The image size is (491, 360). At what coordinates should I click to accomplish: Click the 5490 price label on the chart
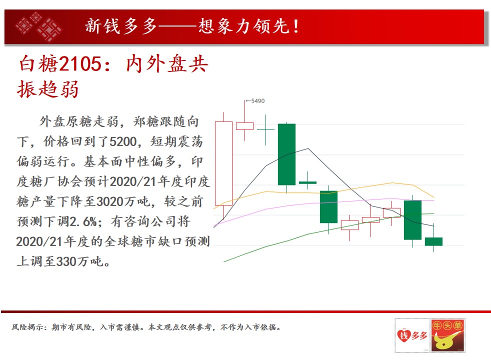[x=257, y=101]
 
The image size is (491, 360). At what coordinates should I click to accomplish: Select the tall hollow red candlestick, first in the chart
[x=223, y=163]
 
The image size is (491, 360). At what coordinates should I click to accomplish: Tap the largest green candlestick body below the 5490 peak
[x=287, y=154]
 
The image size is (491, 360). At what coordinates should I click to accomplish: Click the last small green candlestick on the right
[x=433, y=241]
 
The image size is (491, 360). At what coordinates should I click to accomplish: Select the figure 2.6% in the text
[x=83, y=221]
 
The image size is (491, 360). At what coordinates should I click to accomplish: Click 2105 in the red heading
[x=80, y=63]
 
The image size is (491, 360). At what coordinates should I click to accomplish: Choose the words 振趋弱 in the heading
[x=47, y=89]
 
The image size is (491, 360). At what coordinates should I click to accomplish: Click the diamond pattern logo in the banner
[x=39, y=26]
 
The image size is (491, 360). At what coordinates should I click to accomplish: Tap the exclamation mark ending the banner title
[x=296, y=25]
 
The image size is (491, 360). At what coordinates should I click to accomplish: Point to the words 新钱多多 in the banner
[x=121, y=25]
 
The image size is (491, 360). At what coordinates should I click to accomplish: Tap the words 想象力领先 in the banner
[x=244, y=25]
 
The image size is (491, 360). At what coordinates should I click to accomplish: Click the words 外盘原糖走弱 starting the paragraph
[x=79, y=122]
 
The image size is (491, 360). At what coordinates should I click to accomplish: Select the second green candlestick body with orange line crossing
[x=328, y=207]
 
